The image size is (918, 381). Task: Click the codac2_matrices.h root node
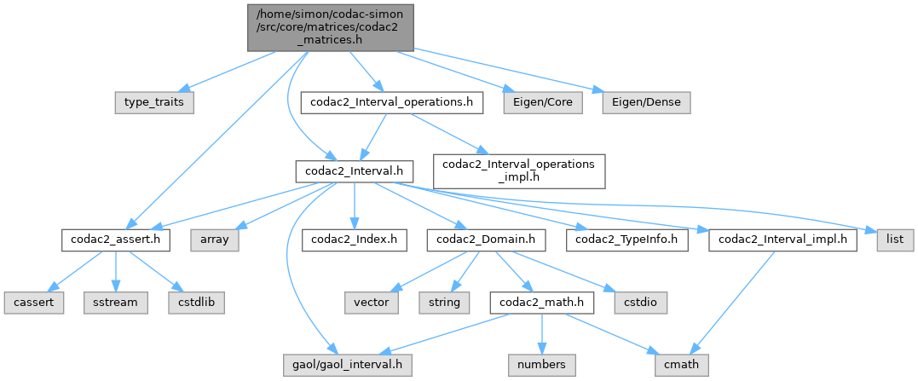332,26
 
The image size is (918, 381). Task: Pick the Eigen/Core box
542,102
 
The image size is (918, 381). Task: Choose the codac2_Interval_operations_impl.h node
519,170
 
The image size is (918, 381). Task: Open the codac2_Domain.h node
486,240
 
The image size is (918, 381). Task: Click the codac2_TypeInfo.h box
626,240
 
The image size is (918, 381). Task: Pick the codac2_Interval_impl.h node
782,240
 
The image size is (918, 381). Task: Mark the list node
894,240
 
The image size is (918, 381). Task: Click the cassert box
33,302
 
